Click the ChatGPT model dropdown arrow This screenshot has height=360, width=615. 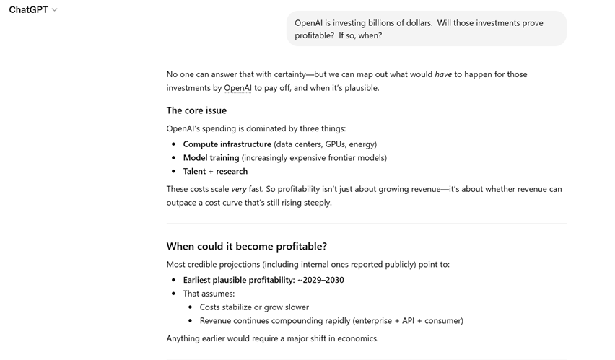[55, 10]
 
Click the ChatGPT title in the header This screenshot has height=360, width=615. [28, 10]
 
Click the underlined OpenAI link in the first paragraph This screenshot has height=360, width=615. [237, 88]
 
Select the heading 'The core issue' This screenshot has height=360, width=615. [196, 110]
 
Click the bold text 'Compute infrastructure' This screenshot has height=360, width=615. [227, 144]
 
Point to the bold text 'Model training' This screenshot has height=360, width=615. [211, 158]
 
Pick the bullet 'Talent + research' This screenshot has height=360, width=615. [215, 172]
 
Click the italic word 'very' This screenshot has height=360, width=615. [239, 189]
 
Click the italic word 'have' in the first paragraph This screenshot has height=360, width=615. [443, 74]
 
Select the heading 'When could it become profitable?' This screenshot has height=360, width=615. [246, 246]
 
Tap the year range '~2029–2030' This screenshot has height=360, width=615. [320, 280]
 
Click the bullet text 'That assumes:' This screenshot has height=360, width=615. [209, 294]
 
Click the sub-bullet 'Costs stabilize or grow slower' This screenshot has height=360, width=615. [254, 307]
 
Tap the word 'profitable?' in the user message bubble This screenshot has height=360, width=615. [314, 35]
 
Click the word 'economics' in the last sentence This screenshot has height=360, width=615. [354, 338]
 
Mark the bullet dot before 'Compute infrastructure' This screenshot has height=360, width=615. [173, 144]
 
